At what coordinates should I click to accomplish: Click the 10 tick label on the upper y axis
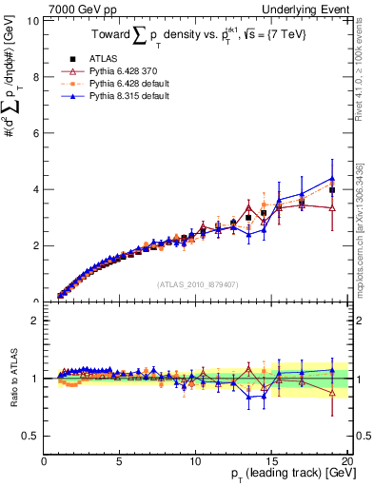32,20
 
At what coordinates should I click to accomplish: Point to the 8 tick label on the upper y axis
35,76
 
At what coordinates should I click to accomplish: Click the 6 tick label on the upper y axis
35,133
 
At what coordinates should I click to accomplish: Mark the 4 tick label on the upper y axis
35,189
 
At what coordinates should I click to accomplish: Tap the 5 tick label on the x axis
119,461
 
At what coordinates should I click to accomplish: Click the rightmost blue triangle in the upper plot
332,178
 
